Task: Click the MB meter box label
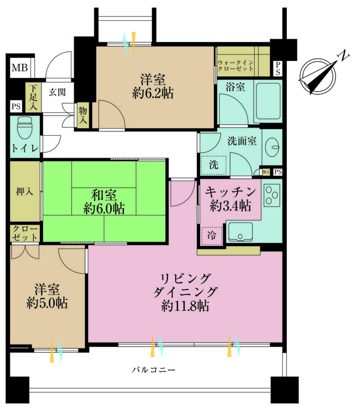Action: tap(20, 68)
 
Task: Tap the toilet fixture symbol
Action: tap(25, 128)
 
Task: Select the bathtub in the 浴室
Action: tap(268, 101)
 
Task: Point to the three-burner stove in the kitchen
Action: tap(272, 195)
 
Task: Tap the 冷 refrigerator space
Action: tap(212, 236)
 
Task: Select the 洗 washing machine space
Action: tap(213, 165)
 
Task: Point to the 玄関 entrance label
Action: tap(57, 92)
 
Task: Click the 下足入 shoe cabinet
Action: tap(33, 97)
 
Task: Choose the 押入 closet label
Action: tap(25, 192)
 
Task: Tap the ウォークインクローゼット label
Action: tap(236, 65)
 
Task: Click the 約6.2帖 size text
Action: tap(153, 93)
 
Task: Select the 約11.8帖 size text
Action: tap(185, 306)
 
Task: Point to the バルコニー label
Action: tap(153, 370)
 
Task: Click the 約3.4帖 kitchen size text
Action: tap(231, 206)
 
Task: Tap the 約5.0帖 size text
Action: tap(47, 303)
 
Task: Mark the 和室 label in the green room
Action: tap(104, 195)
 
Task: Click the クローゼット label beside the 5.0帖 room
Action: tap(25, 233)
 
